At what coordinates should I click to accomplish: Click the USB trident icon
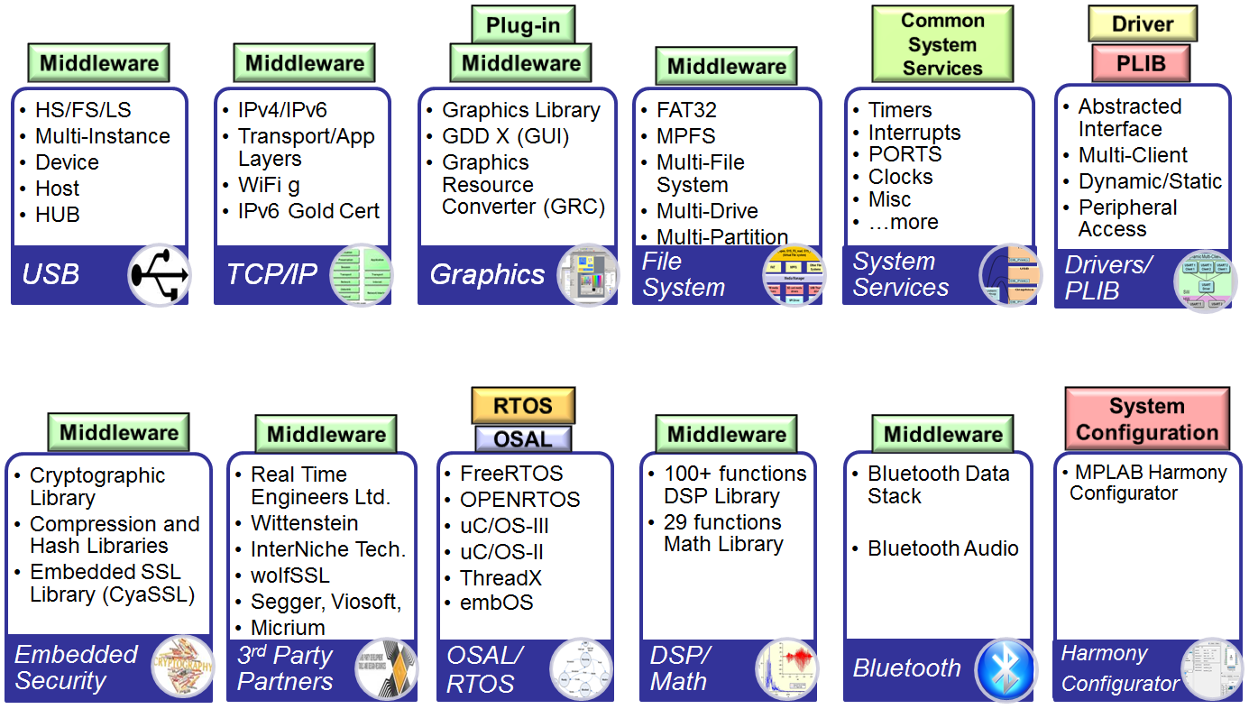pyautogui.click(x=160, y=274)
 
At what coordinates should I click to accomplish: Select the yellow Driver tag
pyautogui.click(x=1143, y=24)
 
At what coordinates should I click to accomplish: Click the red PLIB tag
pyautogui.click(x=1141, y=64)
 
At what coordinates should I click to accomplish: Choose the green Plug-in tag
pyautogui.click(x=522, y=24)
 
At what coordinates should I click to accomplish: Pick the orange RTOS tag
pyautogui.click(x=523, y=406)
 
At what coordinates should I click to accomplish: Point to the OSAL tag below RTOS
pyautogui.click(x=523, y=439)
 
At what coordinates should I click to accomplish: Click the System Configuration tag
pyautogui.click(x=1147, y=419)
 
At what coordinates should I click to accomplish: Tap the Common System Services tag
pyautogui.click(x=942, y=44)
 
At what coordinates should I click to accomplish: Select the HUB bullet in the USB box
pyautogui.click(x=58, y=215)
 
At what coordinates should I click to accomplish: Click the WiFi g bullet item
pyautogui.click(x=269, y=185)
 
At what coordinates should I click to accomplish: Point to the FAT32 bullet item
pyautogui.click(x=686, y=110)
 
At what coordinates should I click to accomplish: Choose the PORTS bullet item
pyautogui.click(x=905, y=154)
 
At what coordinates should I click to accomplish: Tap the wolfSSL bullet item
pyautogui.click(x=289, y=575)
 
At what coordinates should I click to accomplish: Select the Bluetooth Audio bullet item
pyautogui.click(x=942, y=548)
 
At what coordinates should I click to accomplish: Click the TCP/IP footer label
pyautogui.click(x=265, y=274)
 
